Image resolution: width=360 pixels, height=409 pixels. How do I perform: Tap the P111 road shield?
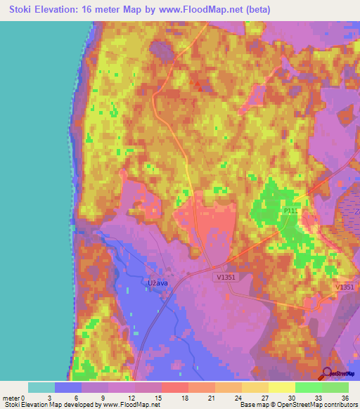290,211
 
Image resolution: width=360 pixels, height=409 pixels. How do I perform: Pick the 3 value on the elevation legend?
55,398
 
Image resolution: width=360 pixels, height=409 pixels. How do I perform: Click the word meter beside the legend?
11,398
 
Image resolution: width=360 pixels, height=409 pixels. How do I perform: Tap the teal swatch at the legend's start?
41,387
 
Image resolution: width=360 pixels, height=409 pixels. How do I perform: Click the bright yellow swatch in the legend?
281,387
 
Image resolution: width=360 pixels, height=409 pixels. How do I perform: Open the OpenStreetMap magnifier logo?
328,374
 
